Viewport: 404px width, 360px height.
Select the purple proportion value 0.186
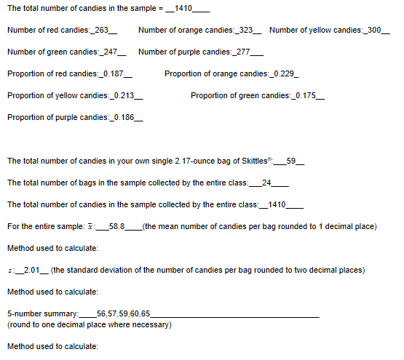coord(130,118)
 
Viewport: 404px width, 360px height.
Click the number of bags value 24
coord(266,183)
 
